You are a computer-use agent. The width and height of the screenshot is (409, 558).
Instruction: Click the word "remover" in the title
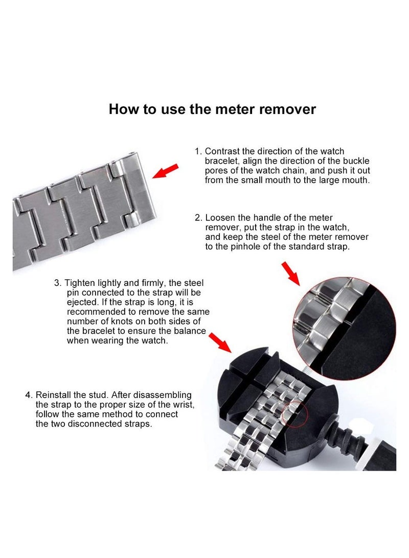(287, 109)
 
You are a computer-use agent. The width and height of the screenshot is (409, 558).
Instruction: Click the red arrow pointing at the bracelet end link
(165, 171)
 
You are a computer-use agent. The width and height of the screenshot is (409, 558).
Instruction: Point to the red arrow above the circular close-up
(290, 273)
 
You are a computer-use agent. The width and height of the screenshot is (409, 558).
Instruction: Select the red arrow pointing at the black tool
(220, 343)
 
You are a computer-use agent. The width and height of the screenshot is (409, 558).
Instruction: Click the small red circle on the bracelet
(294, 413)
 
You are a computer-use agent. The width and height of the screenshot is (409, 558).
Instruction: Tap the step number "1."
(198, 151)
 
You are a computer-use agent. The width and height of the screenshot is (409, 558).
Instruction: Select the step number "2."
(198, 218)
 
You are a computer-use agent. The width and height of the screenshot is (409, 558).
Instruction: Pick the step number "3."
(58, 283)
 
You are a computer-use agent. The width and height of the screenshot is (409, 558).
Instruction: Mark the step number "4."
(29, 395)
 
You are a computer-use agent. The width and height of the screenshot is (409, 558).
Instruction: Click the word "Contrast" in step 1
(222, 151)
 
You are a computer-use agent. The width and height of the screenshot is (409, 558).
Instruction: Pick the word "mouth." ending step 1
(357, 181)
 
